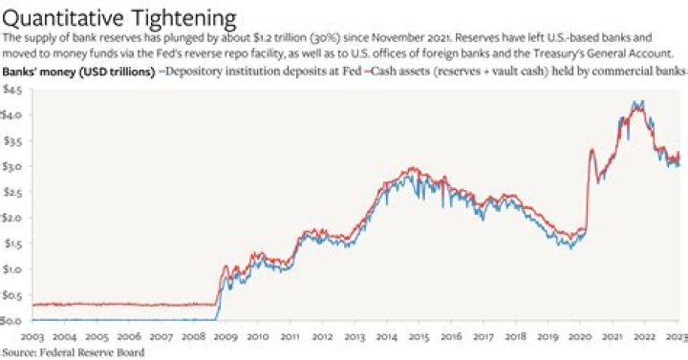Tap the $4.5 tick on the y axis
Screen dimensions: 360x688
click(x=11, y=89)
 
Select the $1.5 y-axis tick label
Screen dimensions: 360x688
click(x=11, y=244)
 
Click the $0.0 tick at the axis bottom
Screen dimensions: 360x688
click(x=11, y=321)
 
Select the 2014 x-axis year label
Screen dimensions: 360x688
click(x=388, y=336)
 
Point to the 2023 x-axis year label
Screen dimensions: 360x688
click(x=674, y=336)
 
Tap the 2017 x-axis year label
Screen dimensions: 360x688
click(x=484, y=336)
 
